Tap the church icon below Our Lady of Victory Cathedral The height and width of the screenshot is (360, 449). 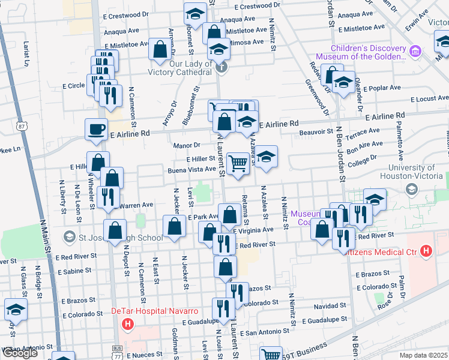tap(222, 66)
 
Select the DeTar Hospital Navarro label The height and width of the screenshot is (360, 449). tap(155, 311)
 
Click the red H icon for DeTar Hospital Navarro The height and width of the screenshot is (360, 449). tap(127, 325)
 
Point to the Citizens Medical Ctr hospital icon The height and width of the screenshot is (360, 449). tap(427, 250)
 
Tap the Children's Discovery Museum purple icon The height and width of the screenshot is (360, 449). tap(415, 52)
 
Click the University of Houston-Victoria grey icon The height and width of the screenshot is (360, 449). tap(412, 190)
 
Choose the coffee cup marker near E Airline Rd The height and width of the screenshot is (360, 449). tap(96, 129)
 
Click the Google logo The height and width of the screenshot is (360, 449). tap(20, 353)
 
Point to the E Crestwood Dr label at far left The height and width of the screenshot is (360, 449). tap(125, 17)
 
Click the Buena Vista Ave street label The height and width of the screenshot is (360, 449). tap(191, 170)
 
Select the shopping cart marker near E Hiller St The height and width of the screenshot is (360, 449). tap(238, 163)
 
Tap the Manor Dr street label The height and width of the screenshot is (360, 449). tap(188, 145)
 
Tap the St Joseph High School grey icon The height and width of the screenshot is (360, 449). tap(70, 238)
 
